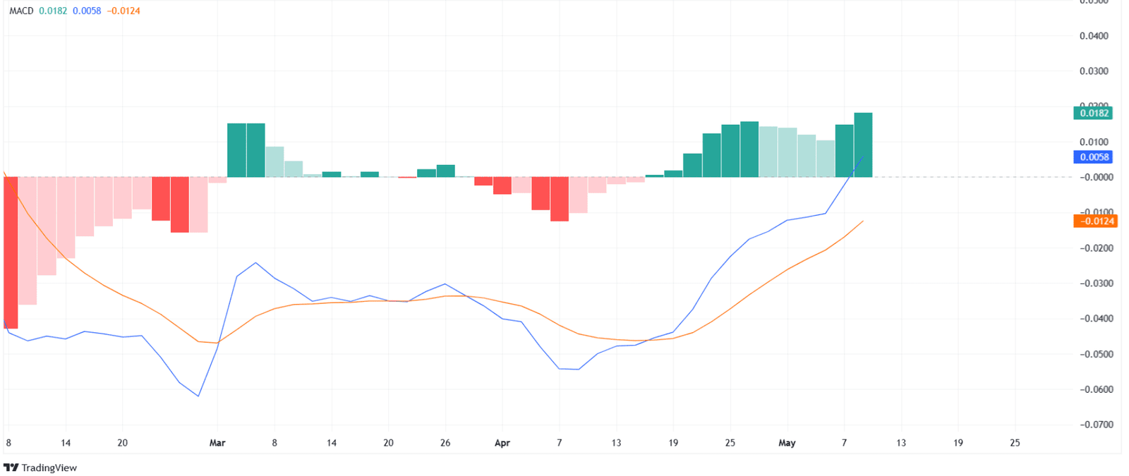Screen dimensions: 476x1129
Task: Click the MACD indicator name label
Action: [x=21, y=11]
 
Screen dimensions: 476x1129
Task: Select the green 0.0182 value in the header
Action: [x=53, y=11]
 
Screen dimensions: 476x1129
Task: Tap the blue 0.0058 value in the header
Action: [x=87, y=11]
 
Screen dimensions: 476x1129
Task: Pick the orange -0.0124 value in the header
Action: [x=123, y=11]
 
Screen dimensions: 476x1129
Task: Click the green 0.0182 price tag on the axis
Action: [x=1093, y=113]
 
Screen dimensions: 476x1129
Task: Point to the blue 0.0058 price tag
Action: [x=1093, y=157]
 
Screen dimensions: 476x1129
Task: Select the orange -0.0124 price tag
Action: [x=1094, y=221]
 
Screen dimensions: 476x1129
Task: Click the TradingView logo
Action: [x=40, y=468]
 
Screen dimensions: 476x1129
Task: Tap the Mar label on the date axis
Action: [x=217, y=443]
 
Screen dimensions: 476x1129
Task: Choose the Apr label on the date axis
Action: [x=502, y=443]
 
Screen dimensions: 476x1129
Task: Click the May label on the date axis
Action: [x=787, y=443]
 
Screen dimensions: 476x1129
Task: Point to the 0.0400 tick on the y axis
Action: [x=1094, y=36]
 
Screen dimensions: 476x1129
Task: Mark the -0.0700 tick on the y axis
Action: [x=1096, y=425]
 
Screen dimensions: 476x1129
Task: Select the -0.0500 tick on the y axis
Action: [x=1096, y=354]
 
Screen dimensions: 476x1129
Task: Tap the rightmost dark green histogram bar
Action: [x=863, y=145]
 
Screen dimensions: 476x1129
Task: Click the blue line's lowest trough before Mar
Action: [x=198, y=396]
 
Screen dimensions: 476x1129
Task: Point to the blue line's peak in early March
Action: [x=255, y=263]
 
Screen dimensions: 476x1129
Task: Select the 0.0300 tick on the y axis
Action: [x=1094, y=71]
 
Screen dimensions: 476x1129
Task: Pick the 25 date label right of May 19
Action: [x=1015, y=443]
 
